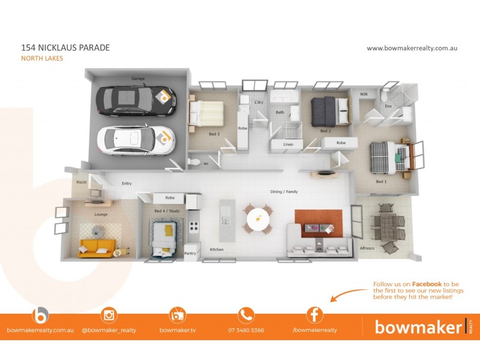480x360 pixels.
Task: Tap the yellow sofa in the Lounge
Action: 97,247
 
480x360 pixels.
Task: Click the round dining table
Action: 258,218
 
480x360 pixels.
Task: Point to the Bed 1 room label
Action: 381,181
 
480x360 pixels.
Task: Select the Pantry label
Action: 190,254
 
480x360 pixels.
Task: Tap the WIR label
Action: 364,94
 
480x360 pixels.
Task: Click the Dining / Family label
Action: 284,192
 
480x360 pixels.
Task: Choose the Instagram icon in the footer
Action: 109,315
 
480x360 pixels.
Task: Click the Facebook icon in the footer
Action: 314,315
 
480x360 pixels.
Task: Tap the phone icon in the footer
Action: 246,315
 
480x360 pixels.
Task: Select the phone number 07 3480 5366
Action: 246,330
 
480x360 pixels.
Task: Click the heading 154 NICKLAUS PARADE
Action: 65,47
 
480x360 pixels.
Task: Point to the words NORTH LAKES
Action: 42,59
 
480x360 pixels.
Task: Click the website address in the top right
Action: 412,48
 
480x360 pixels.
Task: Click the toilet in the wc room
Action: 193,161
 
